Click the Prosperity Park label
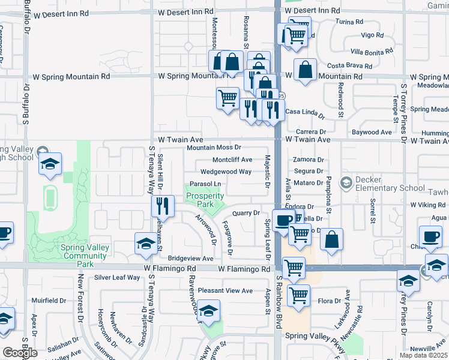pos(205,200)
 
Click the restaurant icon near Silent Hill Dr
pos(163,206)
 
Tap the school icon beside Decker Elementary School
pos(346,182)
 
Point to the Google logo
pos(19,353)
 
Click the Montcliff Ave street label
pos(232,160)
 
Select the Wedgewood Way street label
pos(226,171)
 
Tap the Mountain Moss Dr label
pos(214,147)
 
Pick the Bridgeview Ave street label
pos(191,258)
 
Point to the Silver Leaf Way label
pos(117,277)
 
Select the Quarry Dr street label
pos(246,212)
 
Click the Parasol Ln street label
pos(205,184)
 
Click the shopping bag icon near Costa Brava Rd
pos(306,70)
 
